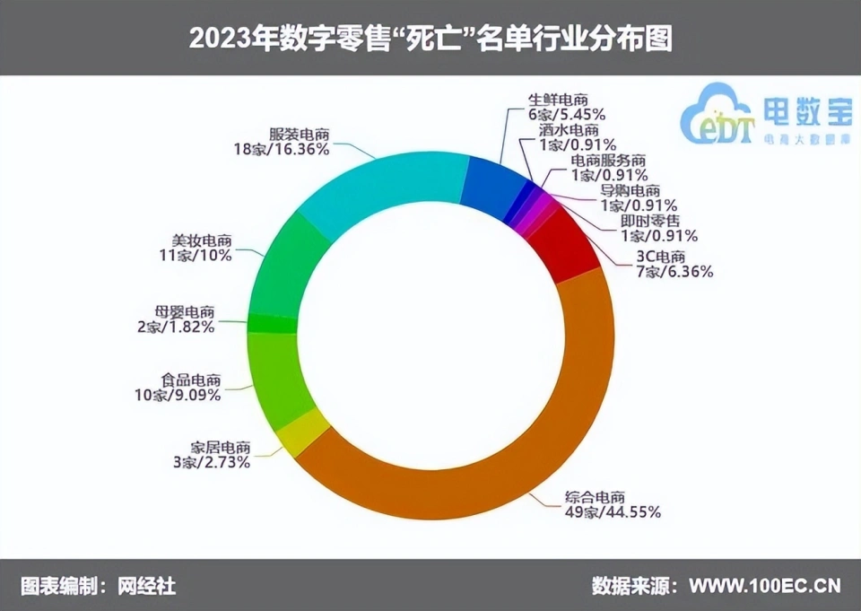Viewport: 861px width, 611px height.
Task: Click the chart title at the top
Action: click(430, 38)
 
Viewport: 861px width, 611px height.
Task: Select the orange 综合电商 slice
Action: click(502, 449)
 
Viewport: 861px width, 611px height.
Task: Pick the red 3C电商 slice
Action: click(570, 242)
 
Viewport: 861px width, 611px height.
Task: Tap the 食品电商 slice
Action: click(278, 377)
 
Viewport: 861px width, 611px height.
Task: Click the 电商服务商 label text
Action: click(609, 161)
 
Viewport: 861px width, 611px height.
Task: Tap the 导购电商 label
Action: click(630, 190)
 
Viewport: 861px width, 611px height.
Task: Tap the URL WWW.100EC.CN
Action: click(765, 586)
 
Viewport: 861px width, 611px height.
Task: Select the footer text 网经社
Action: click(147, 586)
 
